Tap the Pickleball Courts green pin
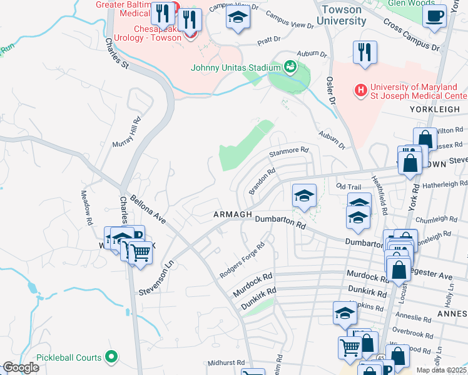(112, 357)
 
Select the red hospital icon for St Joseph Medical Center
(360, 91)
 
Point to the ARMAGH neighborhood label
(232, 214)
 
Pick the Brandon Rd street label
(262, 181)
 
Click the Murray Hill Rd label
(126, 132)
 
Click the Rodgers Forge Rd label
(242, 261)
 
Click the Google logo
(21, 367)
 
